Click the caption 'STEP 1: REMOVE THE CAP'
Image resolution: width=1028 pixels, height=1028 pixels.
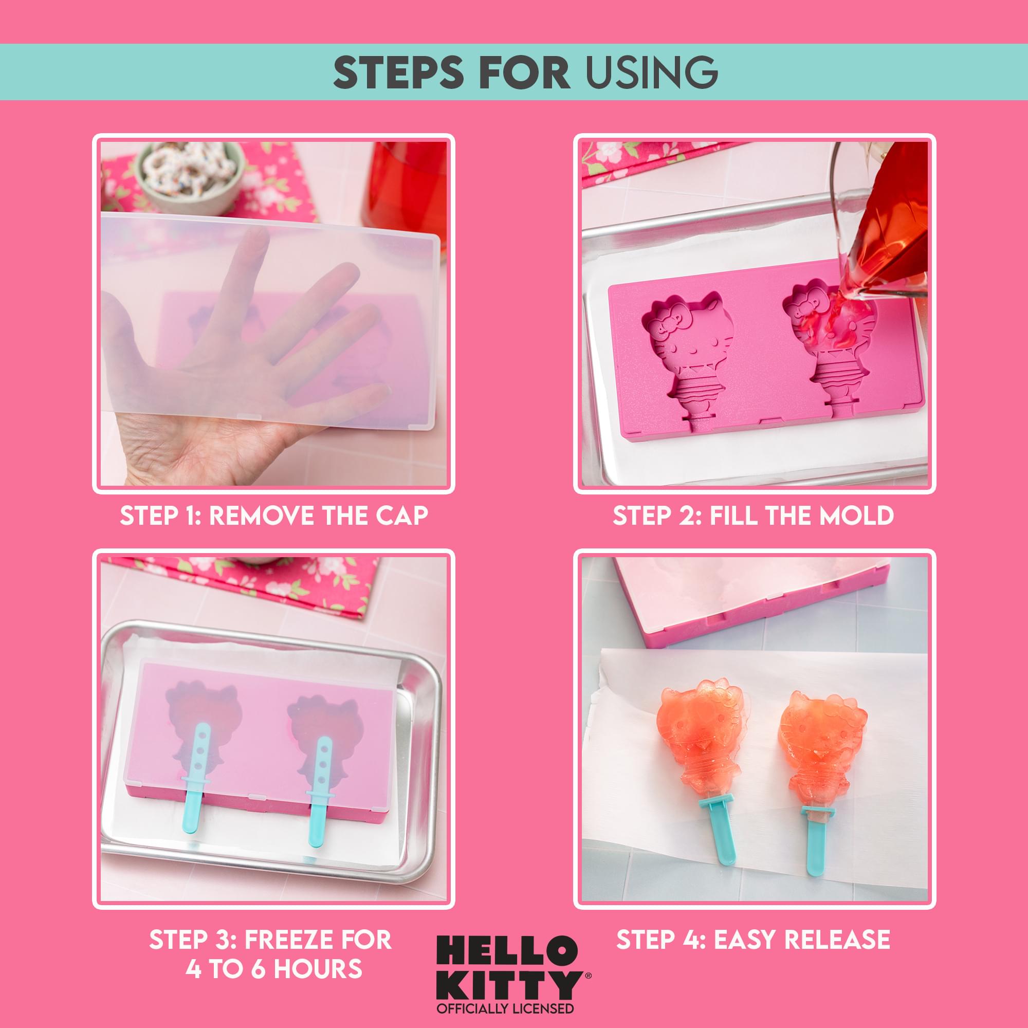[273, 516]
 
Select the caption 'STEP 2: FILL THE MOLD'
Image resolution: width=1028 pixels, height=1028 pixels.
[754, 516]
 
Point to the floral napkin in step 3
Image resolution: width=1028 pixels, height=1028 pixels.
[255, 585]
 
